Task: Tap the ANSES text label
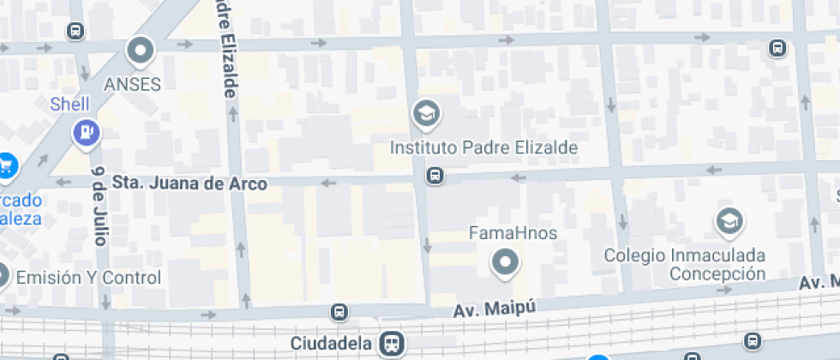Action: (133, 84)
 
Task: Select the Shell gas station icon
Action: (87, 132)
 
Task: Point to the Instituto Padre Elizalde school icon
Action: (424, 112)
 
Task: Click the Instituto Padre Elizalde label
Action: (483, 147)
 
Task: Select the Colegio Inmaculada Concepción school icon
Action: (729, 221)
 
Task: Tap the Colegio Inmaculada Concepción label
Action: (684, 265)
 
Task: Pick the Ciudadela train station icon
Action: (392, 344)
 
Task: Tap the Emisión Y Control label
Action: (88, 278)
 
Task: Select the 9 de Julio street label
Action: (99, 206)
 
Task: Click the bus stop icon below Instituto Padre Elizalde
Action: (435, 176)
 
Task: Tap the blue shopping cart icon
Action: (8, 164)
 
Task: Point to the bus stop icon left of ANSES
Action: (75, 32)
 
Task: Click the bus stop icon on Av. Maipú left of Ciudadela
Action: (340, 312)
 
